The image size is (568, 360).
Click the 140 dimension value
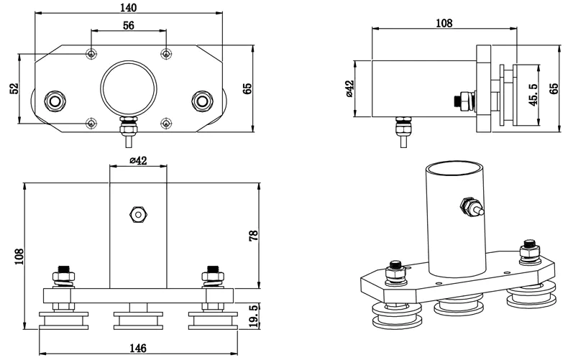coord(128,7)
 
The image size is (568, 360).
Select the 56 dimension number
coord(129,25)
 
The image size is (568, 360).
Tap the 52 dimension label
coord(14,88)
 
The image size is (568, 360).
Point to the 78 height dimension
coord(254,236)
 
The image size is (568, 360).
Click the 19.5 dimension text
coord(254,317)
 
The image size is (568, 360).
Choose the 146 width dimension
coord(138,348)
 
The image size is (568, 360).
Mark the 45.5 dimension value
coord(533,95)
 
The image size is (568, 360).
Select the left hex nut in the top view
coord(55,101)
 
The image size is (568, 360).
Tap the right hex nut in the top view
coord(203,101)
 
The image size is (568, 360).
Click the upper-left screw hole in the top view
coord(91,54)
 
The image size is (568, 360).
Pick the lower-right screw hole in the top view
coord(166,124)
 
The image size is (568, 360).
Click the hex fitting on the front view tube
coord(138,215)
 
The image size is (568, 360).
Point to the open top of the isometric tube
coord(455,169)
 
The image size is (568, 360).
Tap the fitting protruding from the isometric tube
coord(471,206)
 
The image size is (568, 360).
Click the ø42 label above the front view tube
coord(138,160)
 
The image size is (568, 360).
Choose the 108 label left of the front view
coord(19,257)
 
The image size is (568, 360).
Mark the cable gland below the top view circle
coord(129,131)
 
